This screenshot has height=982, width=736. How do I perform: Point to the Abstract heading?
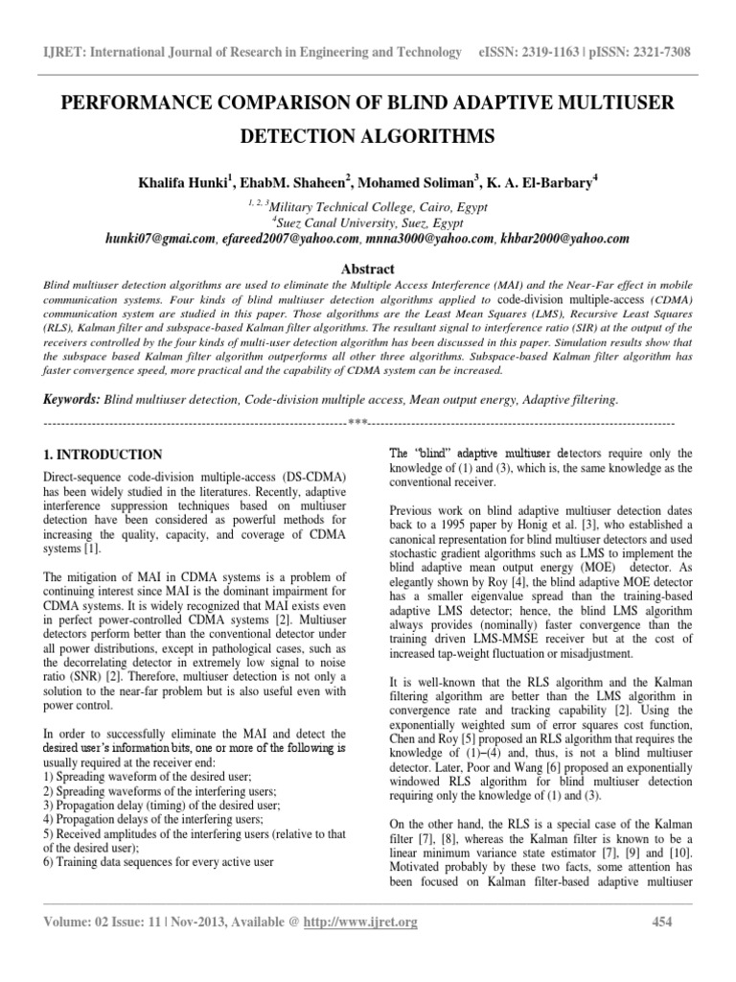pos(368,270)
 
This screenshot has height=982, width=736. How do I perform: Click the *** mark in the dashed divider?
pos(358,422)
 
